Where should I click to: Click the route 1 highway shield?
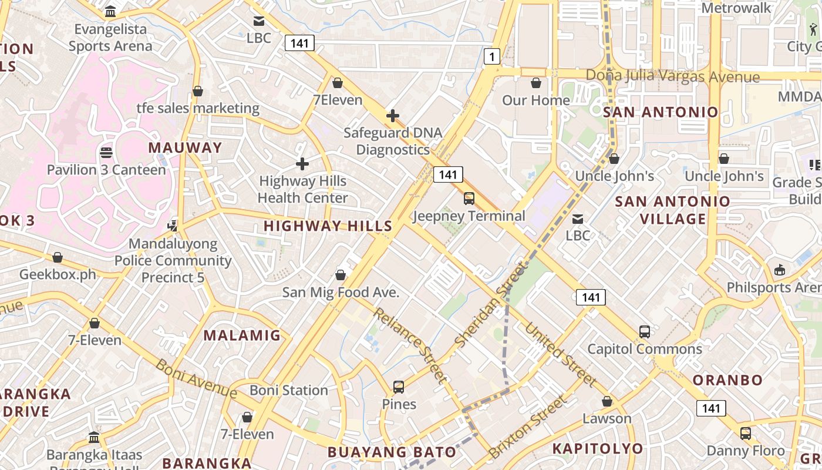click(492, 56)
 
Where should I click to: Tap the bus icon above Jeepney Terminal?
click(469, 199)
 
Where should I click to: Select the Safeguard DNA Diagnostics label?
click(393, 141)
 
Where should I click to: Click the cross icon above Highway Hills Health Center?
click(302, 163)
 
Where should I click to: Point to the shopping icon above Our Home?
click(535, 83)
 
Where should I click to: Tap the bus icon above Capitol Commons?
click(645, 332)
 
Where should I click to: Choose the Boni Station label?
click(289, 390)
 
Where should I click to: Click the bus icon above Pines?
click(399, 387)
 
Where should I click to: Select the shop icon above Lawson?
click(607, 402)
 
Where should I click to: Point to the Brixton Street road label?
click(527, 427)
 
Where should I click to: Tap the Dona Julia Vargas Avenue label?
click(673, 76)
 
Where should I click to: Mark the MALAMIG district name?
click(242, 335)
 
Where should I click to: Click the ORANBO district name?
click(727, 380)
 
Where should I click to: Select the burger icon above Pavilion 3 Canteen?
click(106, 153)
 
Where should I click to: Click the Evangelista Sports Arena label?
click(110, 38)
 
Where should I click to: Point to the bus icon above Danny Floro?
click(745, 434)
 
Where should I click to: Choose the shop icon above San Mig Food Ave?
click(341, 275)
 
